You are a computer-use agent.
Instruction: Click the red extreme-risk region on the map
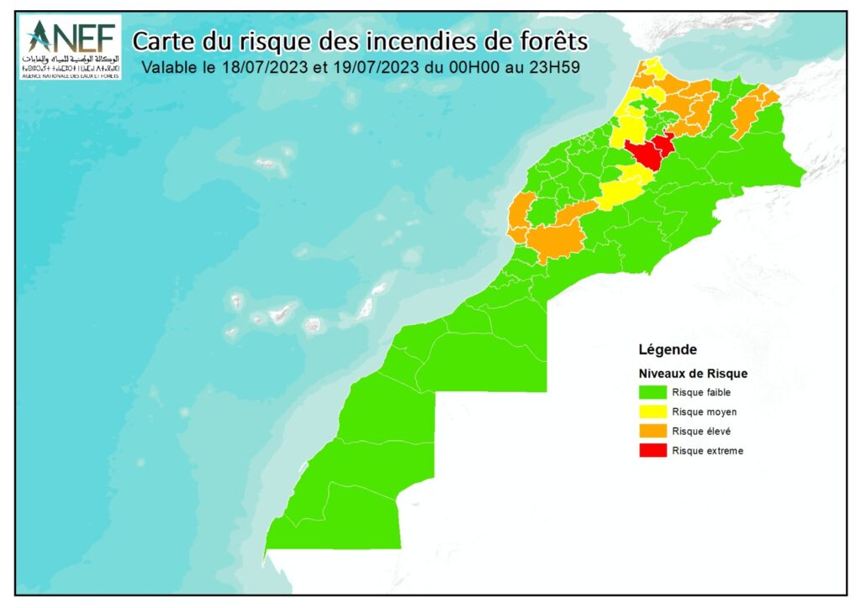tap(648, 152)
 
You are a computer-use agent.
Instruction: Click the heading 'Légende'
tap(668, 349)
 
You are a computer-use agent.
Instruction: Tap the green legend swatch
tap(652, 391)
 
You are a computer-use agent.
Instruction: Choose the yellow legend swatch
tap(652, 411)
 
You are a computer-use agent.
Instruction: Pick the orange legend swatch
tap(652, 431)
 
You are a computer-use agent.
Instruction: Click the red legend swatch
tap(652, 451)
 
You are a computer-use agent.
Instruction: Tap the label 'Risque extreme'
tap(707, 451)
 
